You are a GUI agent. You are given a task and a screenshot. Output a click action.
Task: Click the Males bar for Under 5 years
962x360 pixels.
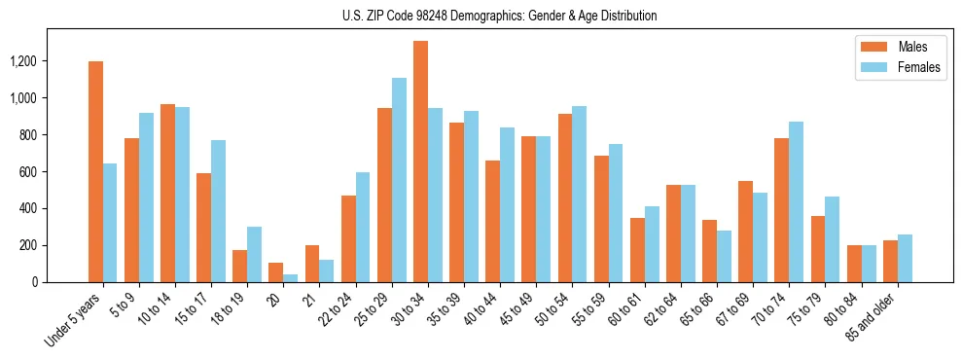pyautogui.click(x=95, y=171)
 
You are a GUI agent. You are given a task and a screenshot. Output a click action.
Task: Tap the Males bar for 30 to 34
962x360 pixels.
pyautogui.click(x=420, y=162)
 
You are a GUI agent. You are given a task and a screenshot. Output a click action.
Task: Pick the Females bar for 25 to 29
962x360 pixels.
pyautogui.click(x=399, y=180)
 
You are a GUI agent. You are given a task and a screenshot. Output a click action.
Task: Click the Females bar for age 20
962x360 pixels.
pyautogui.click(x=291, y=277)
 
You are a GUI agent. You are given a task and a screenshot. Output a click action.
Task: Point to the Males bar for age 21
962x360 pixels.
pyautogui.click(x=312, y=264)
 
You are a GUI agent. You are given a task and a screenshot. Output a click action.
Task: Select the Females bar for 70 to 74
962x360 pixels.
pyautogui.click(x=797, y=201)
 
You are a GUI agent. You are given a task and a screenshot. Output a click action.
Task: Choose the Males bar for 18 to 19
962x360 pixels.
pyautogui.click(x=240, y=266)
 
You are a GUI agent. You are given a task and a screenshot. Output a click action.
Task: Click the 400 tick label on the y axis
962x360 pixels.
pyautogui.click(x=56, y=208)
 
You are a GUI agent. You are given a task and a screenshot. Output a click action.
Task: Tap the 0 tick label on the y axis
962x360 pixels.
pyautogui.click(x=62, y=282)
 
